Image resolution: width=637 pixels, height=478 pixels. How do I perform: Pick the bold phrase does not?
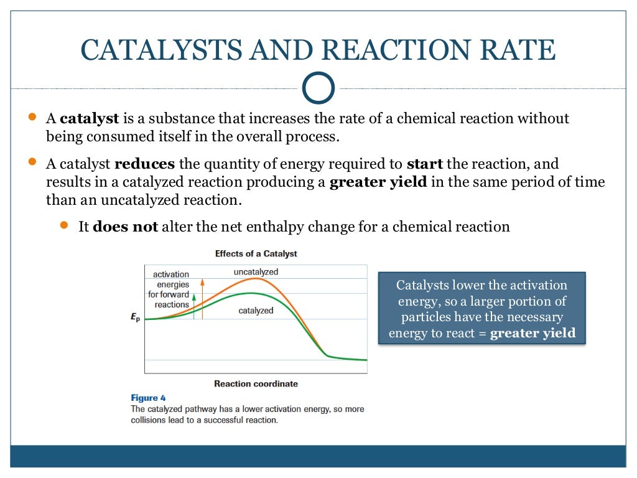point(125,227)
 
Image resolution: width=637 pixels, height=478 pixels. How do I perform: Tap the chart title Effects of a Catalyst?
point(256,254)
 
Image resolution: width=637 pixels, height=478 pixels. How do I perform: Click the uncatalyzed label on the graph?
point(256,272)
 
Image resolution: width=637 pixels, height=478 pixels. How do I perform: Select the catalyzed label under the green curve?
point(256,311)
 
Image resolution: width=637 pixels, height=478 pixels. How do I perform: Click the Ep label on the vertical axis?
point(135,317)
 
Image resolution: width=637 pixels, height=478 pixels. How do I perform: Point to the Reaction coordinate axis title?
point(256,383)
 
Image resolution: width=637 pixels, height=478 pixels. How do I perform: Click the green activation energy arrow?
point(194,306)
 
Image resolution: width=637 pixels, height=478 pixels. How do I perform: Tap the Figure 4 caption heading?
point(148,398)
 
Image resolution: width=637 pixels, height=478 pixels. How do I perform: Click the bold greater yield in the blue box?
point(532,333)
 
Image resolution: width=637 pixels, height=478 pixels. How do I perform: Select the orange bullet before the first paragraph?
point(32,117)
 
